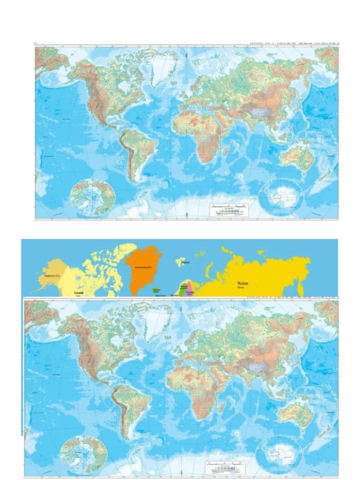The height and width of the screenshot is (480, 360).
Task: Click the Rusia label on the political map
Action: click(x=243, y=283)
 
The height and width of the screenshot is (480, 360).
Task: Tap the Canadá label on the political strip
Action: click(x=79, y=292)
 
